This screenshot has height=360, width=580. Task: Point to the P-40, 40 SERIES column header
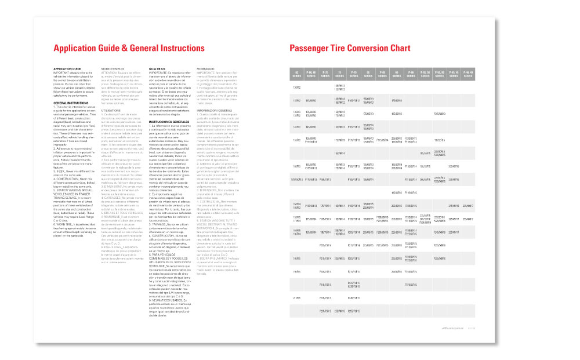tap(468, 72)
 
